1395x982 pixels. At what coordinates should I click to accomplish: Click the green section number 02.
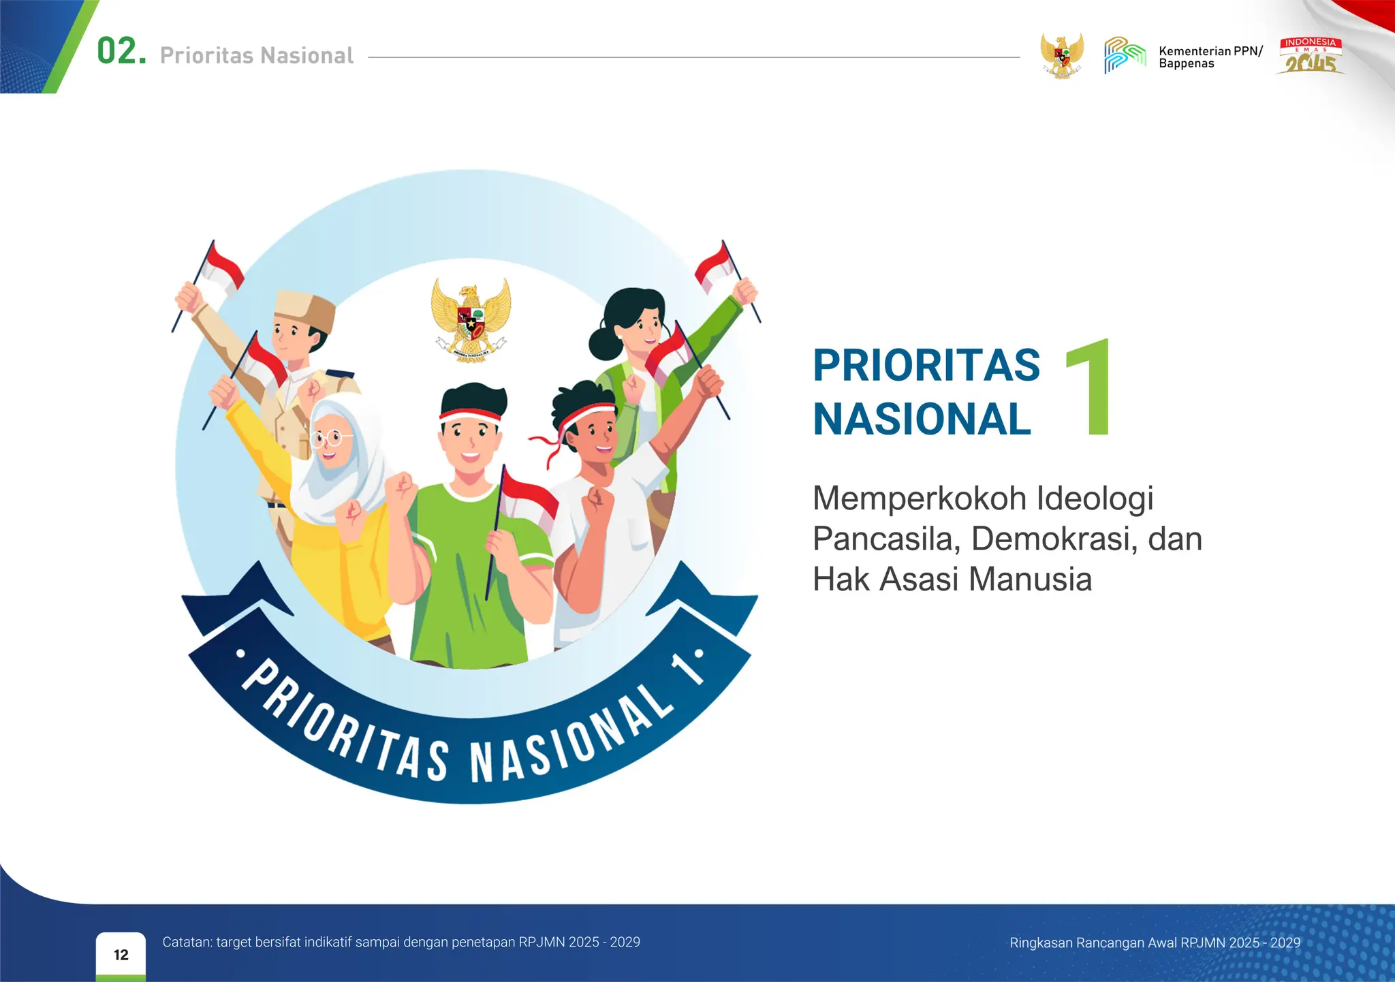coord(121,52)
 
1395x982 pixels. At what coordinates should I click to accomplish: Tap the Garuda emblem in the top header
coord(1061,55)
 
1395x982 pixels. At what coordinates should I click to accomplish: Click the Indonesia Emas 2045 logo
coord(1311,56)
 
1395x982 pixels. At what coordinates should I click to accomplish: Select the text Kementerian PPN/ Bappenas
coord(1210,57)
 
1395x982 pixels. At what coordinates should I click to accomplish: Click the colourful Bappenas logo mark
coord(1125,55)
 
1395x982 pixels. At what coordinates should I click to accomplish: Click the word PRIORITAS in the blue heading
coord(926,366)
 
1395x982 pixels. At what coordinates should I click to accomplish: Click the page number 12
coord(121,955)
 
